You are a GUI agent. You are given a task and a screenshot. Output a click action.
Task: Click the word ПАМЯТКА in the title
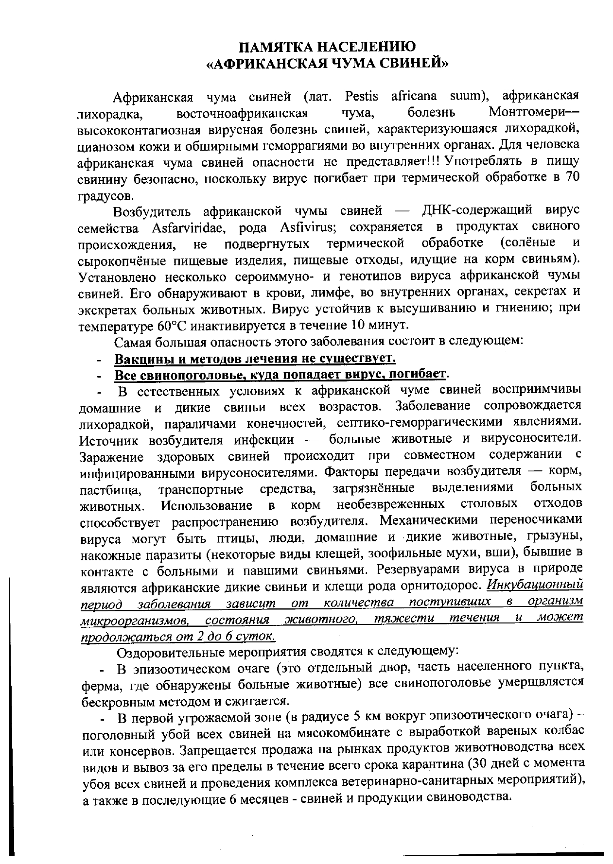point(275,47)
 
